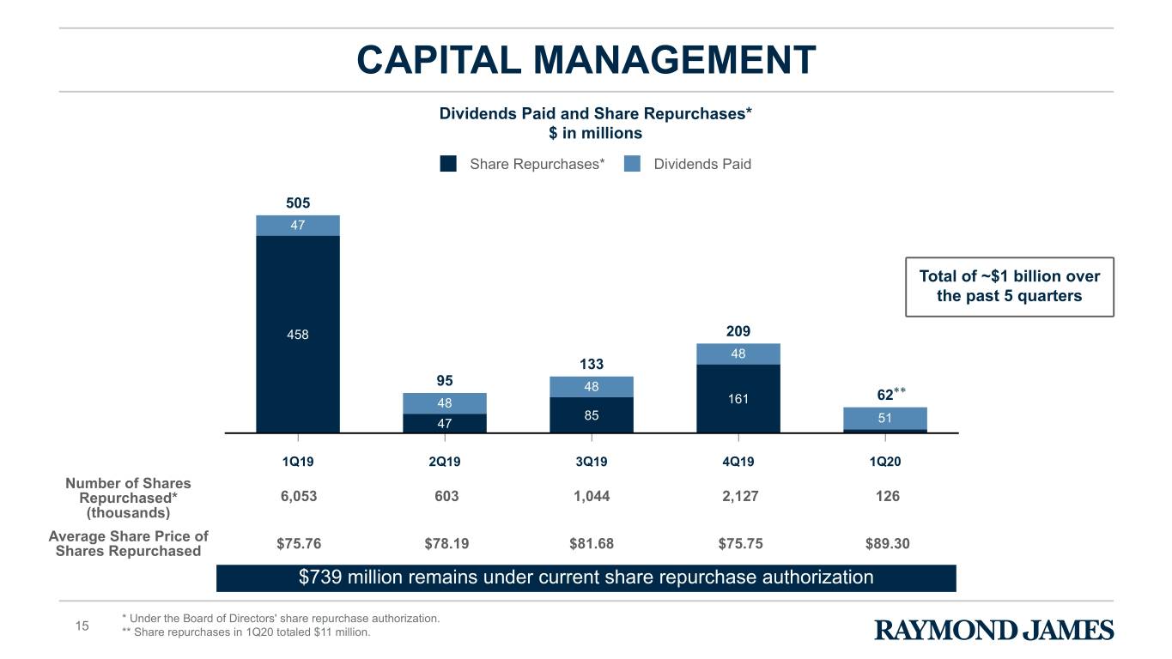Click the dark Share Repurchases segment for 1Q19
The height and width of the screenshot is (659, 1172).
click(298, 334)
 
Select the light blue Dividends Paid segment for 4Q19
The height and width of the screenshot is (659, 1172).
click(738, 354)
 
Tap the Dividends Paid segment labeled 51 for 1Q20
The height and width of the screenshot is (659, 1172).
click(885, 418)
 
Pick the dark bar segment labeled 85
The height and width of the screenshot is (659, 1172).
click(592, 414)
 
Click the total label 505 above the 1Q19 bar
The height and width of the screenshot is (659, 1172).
click(298, 203)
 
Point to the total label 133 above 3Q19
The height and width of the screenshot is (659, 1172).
click(592, 364)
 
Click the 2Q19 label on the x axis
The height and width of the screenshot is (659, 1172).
click(445, 462)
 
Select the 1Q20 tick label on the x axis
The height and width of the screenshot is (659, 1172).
click(885, 462)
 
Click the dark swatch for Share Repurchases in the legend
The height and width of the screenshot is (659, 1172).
click(448, 164)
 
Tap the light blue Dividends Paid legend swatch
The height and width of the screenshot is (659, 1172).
click(632, 164)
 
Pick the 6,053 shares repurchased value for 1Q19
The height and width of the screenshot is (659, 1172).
click(299, 496)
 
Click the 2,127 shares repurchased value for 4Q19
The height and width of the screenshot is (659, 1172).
click(740, 496)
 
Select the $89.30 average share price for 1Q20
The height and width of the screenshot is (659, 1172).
click(888, 543)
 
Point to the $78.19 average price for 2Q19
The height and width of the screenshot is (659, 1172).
click(446, 543)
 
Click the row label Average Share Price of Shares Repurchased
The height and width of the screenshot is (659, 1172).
click(128, 543)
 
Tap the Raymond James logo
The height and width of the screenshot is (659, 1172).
click(994, 630)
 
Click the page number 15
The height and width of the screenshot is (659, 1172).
click(82, 626)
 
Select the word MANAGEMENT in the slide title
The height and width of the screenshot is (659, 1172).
click(674, 59)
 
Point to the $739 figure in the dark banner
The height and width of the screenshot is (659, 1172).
click(320, 577)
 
